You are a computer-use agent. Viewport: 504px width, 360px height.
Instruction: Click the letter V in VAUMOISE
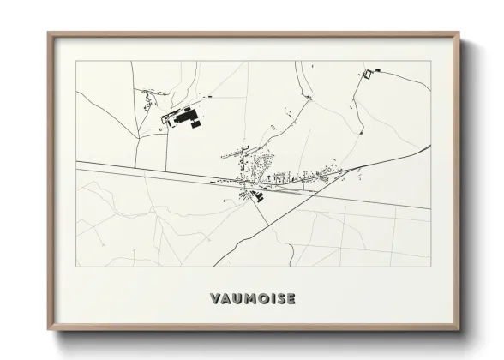coord(214,299)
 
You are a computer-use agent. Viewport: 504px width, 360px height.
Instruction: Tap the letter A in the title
coord(225,299)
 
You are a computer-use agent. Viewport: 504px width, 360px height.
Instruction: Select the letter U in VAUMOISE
coord(237,299)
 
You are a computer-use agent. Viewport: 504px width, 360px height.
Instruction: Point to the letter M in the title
coord(249,299)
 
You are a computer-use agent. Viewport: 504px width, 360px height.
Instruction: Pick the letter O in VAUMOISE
coord(261,299)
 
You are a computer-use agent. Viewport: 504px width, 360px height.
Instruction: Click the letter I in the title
coord(271,299)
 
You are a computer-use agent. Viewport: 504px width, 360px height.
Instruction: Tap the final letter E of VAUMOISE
coord(291,299)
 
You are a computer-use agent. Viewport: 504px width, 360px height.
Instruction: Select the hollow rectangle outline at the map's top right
coord(369,74)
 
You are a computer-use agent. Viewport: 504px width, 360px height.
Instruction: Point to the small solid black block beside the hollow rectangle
coord(375,68)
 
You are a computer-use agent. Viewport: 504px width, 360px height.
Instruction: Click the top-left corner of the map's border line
coord(76,62)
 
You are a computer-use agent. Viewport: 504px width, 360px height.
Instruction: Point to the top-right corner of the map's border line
coord(430,62)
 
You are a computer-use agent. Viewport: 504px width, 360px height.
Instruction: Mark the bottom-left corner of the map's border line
coord(76,267)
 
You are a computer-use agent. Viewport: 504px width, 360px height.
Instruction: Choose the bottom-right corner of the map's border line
coord(430,267)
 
